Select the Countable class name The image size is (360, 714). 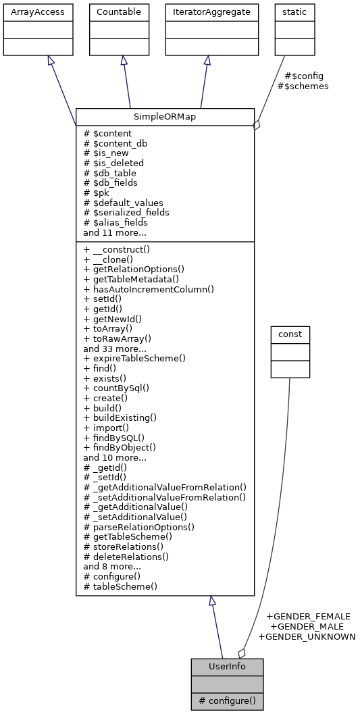(x=120, y=11)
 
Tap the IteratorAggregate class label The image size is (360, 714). (x=212, y=11)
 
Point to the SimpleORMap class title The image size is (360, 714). (x=165, y=116)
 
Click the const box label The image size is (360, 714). (x=290, y=334)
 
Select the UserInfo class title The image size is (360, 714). (x=227, y=667)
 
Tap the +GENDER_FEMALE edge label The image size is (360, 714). (x=308, y=616)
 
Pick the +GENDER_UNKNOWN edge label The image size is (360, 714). (x=307, y=636)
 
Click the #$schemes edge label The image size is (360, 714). (x=303, y=86)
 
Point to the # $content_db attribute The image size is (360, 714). (x=115, y=143)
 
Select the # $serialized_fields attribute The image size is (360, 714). (x=126, y=212)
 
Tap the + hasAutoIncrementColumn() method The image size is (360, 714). (x=149, y=289)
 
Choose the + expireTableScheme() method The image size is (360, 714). (x=134, y=358)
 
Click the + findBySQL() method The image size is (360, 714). (x=113, y=437)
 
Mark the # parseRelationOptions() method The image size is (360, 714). (x=138, y=527)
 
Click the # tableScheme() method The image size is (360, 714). (x=120, y=586)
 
